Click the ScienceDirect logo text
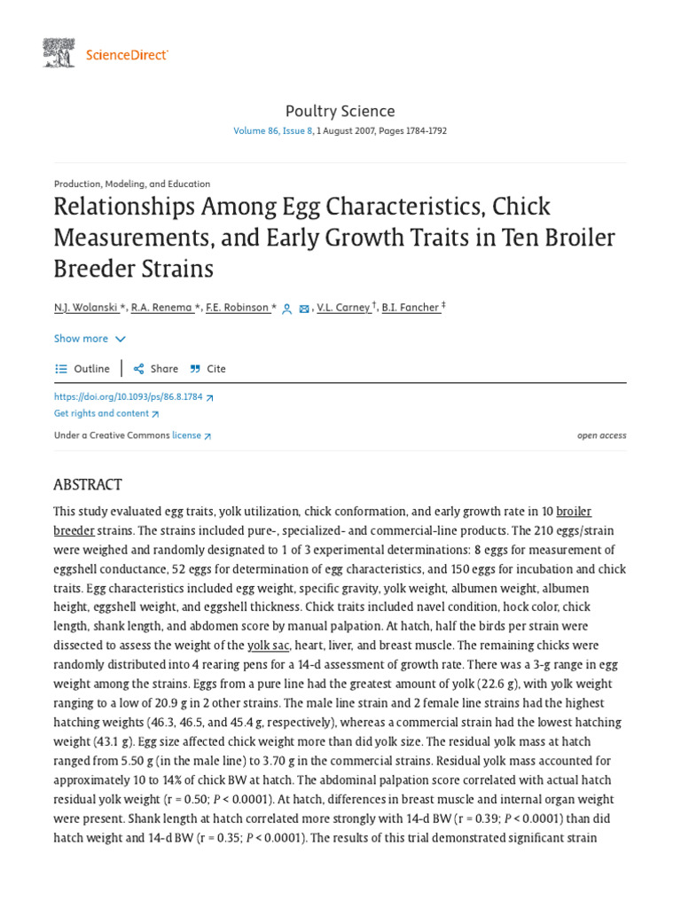click(x=127, y=55)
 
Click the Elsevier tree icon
click(x=59, y=53)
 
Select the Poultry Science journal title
click(x=340, y=111)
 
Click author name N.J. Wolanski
click(x=85, y=308)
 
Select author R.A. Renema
click(x=162, y=308)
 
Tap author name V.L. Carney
click(x=344, y=308)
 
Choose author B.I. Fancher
click(x=411, y=308)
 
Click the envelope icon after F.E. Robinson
click(x=304, y=309)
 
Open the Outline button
click(x=83, y=369)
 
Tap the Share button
click(x=156, y=369)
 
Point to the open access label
click(x=601, y=435)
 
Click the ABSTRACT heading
click(x=88, y=484)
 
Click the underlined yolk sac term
click(x=268, y=646)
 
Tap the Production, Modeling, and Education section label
click(x=132, y=184)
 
